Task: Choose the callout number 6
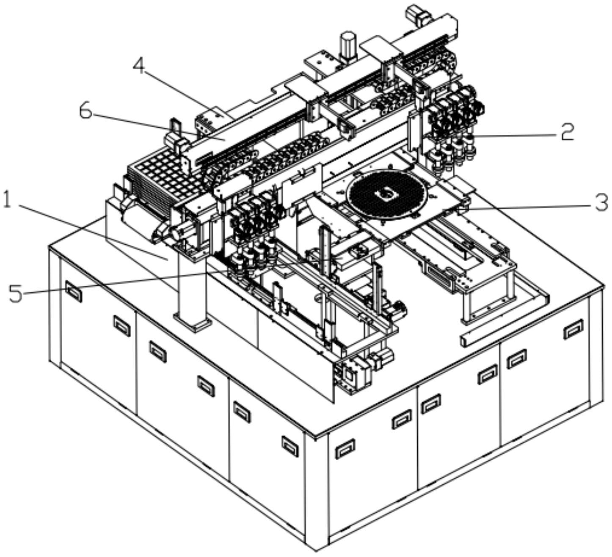[85, 112]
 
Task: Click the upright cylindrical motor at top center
[348, 46]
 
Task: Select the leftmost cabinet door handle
[74, 291]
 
